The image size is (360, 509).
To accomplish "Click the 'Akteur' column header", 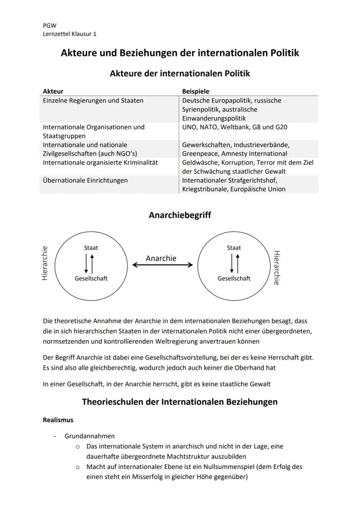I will click(x=53, y=91).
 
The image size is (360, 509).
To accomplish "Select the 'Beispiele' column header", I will click(x=196, y=91).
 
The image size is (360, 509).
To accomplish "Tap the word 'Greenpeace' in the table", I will click(x=200, y=153).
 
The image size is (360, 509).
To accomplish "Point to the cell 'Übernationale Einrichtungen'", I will click(x=85, y=180).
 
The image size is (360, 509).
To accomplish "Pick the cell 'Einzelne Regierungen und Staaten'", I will click(x=93, y=100).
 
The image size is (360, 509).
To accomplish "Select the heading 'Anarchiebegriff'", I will click(x=180, y=215).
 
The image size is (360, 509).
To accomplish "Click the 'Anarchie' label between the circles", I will click(x=161, y=258).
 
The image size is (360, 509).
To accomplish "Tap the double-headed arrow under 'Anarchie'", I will click(x=163, y=265).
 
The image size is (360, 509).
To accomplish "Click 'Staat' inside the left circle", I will click(x=91, y=248).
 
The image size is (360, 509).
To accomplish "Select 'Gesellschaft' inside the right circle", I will click(x=234, y=278).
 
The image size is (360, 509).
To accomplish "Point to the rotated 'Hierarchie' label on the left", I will click(x=44, y=263).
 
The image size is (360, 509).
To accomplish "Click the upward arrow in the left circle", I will click(x=92, y=263).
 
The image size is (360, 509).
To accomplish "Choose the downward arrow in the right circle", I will click(x=231, y=263).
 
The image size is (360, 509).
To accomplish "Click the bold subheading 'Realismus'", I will click(x=58, y=420).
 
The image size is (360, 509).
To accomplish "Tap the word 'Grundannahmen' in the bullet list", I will click(x=90, y=436).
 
